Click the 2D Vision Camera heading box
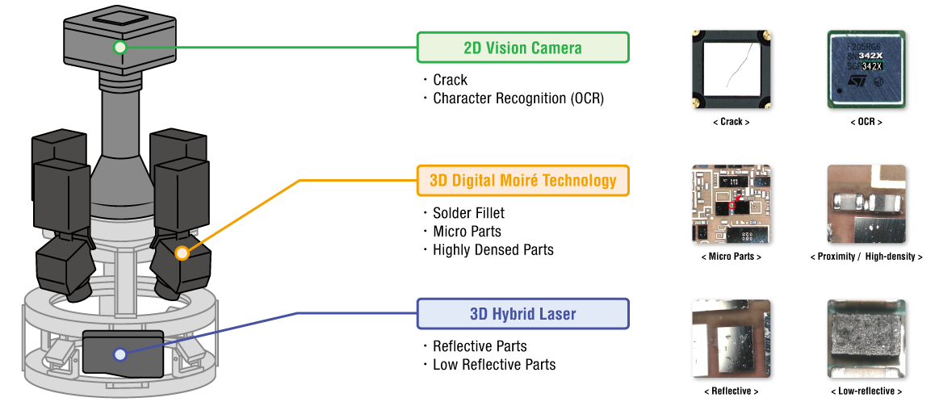(x=522, y=48)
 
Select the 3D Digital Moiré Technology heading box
(x=522, y=181)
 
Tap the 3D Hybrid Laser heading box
(x=522, y=314)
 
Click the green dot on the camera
(x=120, y=47)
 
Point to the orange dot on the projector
(x=182, y=253)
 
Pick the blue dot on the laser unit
(x=120, y=354)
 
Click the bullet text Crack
(x=450, y=80)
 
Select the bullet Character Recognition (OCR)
(x=518, y=98)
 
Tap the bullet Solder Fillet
(x=468, y=213)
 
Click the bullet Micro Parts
(x=467, y=232)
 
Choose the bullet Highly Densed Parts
(x=493, y=250)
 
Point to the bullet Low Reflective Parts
(x=493, y=365)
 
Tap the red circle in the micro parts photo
(x=733, y=206)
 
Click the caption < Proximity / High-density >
(x=866, y=257)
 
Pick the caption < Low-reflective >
(x=866, y=391)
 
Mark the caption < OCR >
(x=866, y=122)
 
